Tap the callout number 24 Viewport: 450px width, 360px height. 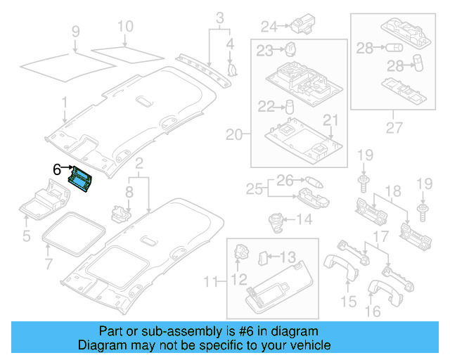269,27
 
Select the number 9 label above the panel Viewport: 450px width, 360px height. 76,31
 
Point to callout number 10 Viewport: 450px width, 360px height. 124,27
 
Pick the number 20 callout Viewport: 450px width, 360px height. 234,134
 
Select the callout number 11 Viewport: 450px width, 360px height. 210,283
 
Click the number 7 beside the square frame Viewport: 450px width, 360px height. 49,264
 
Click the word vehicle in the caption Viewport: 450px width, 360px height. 309,345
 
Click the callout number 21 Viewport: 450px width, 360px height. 330,120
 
